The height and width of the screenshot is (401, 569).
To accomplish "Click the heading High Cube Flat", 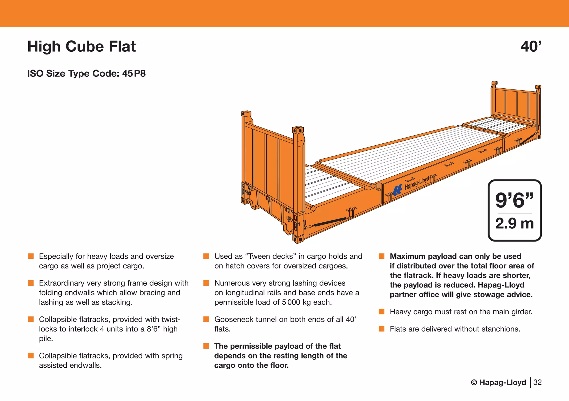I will (81, 46).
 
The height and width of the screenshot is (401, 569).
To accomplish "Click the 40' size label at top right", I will (531, 46).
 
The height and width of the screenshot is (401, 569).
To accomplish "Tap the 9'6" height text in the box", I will (514, 200).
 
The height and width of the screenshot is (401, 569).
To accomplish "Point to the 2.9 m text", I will (514, 223).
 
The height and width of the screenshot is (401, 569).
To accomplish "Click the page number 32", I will (537, 382).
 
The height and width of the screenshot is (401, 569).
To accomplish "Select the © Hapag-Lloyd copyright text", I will (498, 382).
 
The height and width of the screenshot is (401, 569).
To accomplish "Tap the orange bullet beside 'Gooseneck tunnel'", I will (206, 319).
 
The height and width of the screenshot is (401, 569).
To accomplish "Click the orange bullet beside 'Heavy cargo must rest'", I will (381, 312).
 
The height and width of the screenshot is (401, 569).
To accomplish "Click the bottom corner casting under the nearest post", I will (298, 239).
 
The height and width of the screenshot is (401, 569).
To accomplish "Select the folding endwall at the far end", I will (516, 104).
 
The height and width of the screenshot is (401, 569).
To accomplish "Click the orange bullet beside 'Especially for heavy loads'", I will (31, 256).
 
